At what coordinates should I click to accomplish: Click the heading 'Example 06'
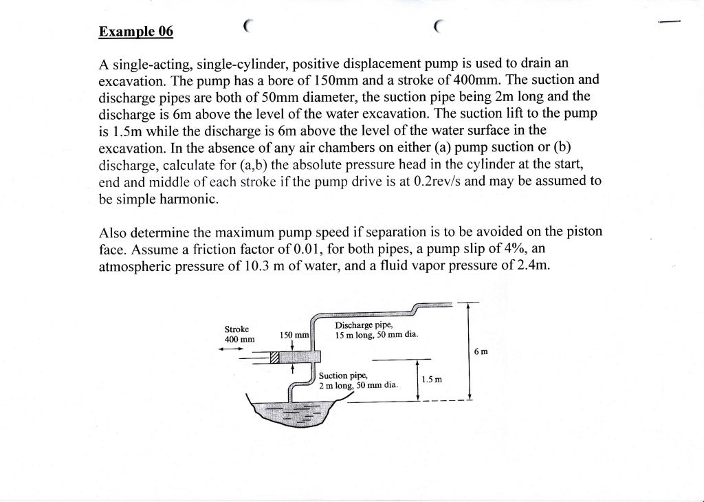[x=136, y=32]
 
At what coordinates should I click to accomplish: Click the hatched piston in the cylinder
[x=276, y=358]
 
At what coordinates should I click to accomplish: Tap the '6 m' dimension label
[x=481, y=352]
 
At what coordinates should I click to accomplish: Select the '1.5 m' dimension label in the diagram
[x=432, y=380]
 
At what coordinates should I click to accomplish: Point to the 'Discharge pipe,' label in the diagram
[x=364, y=325]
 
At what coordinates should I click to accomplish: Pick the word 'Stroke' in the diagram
[x=236, y=329]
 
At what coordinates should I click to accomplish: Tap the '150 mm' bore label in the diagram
[x=294, y=335]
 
